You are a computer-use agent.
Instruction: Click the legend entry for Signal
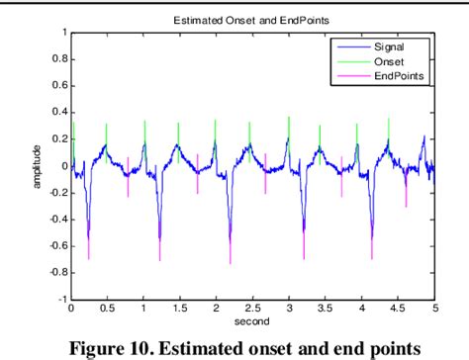click(390, 45)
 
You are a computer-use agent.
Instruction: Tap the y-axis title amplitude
click(37, 165)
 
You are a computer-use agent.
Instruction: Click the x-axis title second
click(251, 322)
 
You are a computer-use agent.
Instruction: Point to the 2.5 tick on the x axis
click(251, 309)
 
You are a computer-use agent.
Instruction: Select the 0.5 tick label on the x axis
click(107, 309)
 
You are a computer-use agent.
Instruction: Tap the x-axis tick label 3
click(288, 309)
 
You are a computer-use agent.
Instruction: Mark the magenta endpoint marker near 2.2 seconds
click(232, 247)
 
